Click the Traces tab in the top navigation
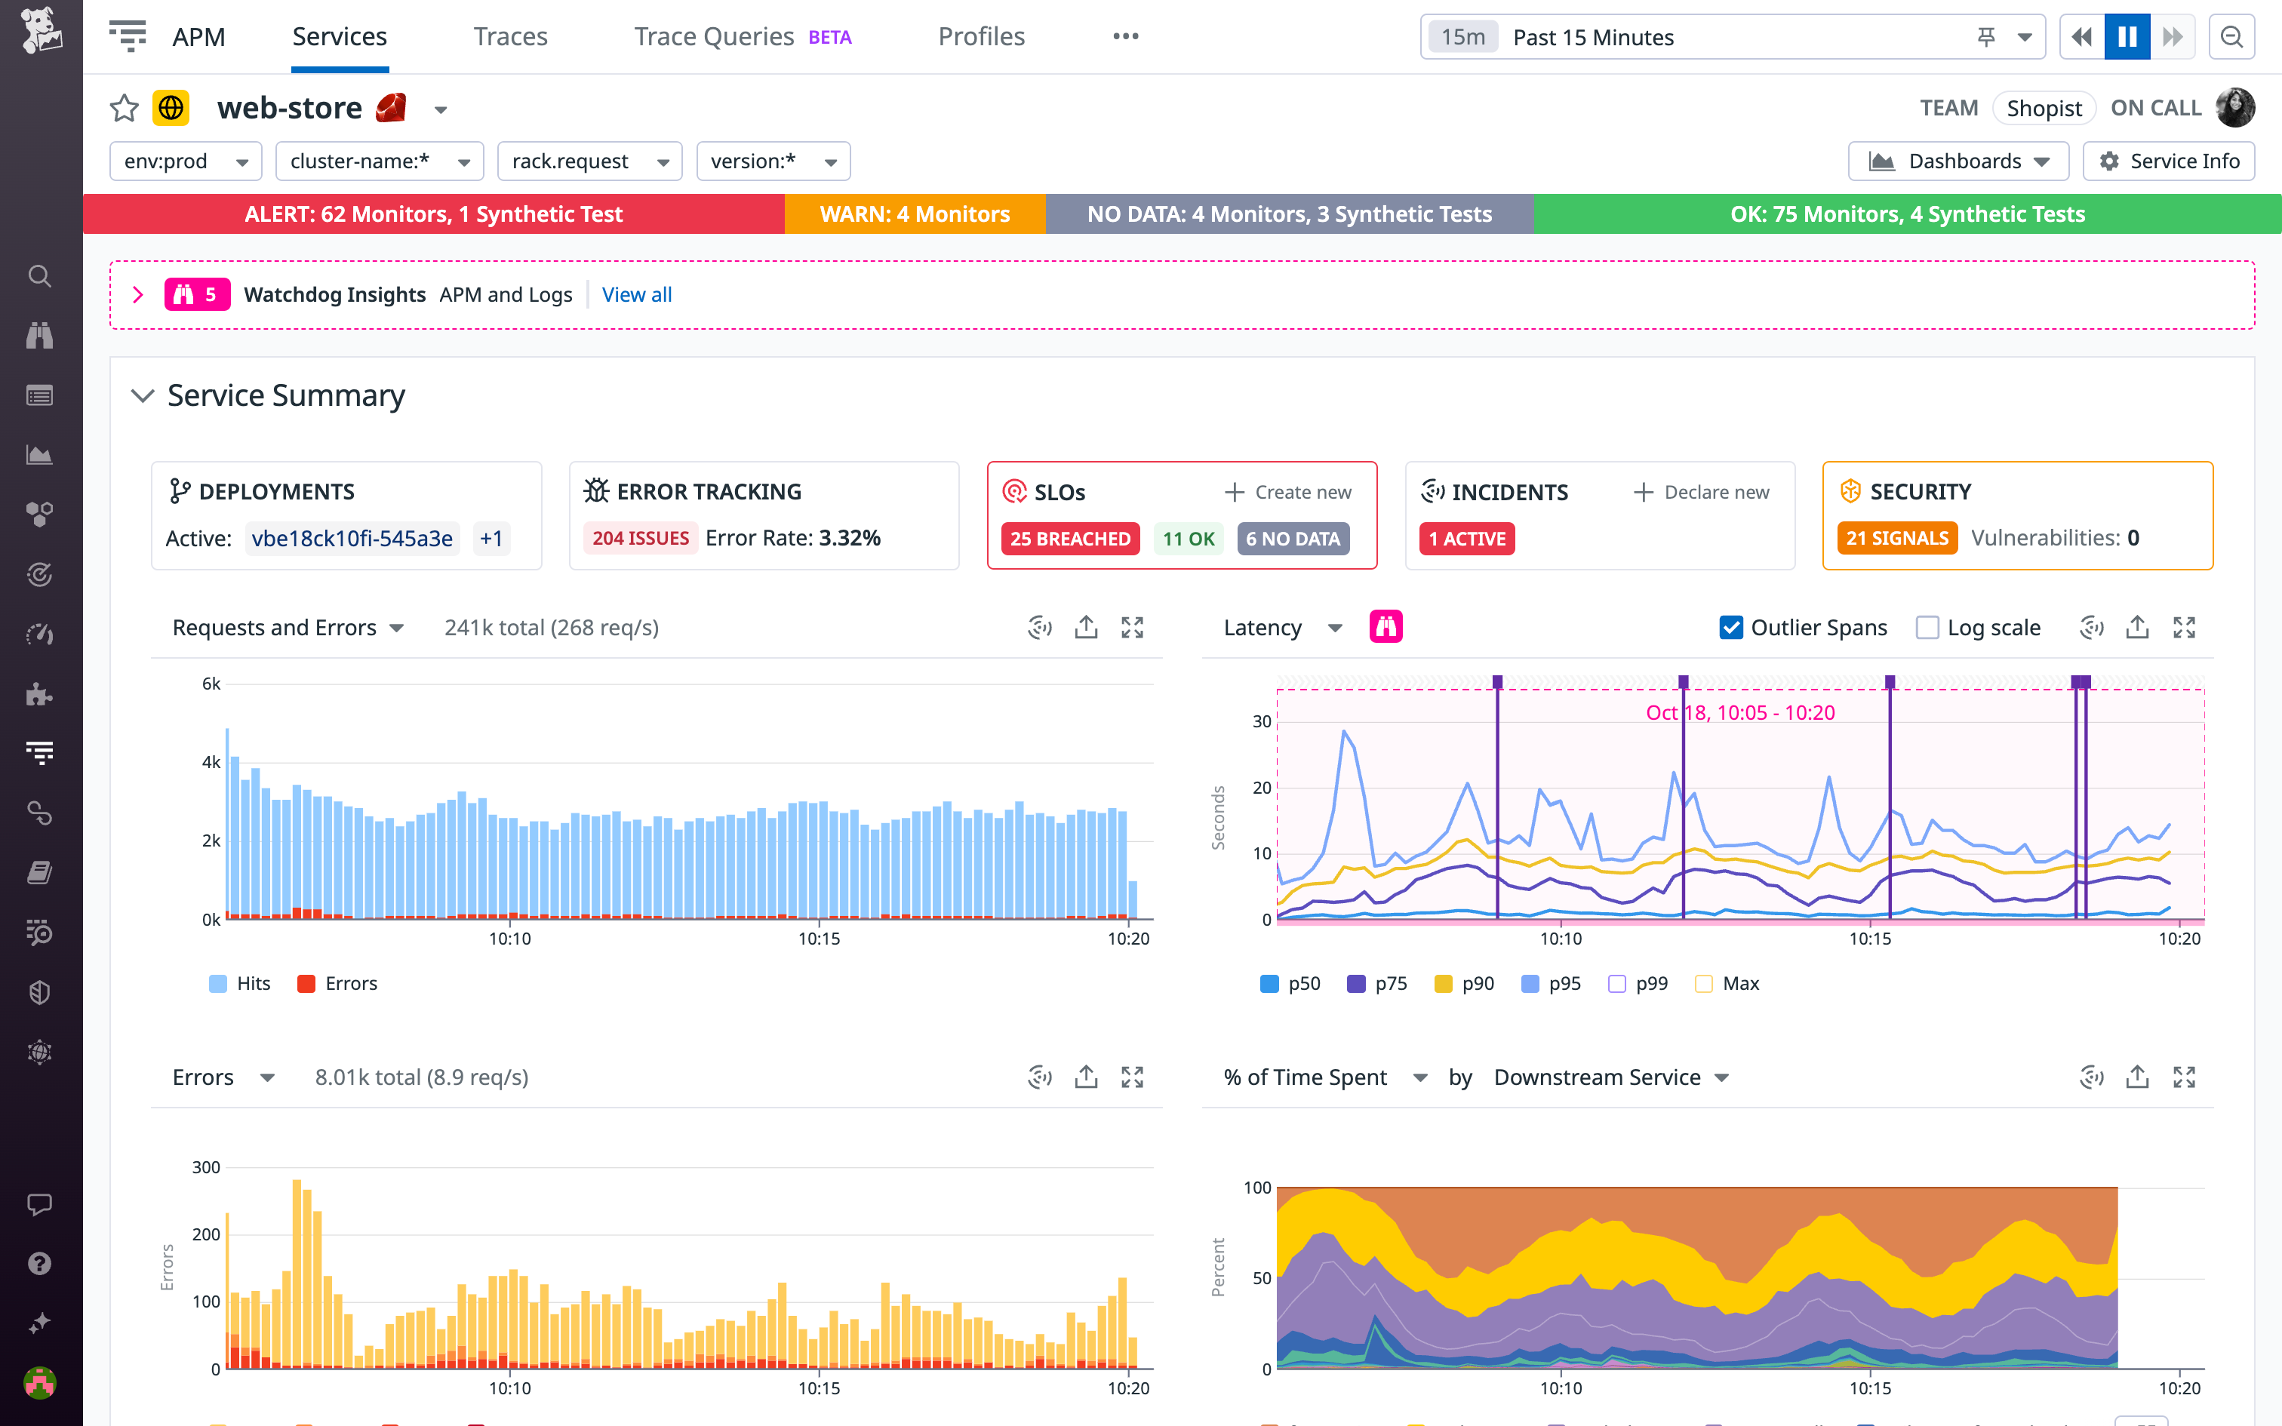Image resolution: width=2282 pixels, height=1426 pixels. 510,37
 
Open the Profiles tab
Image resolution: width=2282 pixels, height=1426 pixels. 981,37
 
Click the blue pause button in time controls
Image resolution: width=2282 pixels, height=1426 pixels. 2127,37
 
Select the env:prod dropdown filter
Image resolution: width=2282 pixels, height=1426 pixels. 186,161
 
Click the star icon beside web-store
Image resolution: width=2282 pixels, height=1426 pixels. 125,109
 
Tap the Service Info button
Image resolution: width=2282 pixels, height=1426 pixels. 2168,161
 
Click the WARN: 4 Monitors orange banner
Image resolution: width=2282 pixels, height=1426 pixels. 914,214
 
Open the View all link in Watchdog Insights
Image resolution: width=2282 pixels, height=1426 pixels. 636,294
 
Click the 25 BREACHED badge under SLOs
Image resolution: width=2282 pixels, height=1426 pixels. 1069,539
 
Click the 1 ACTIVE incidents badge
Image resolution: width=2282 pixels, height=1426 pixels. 1466,539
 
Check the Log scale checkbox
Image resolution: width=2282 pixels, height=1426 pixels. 1927,627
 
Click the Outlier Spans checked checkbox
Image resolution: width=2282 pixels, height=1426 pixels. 1730,627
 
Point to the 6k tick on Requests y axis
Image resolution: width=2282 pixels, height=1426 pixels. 211,684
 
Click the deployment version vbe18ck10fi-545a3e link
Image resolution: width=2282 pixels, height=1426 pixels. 352,539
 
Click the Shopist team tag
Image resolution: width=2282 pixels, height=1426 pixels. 2044,109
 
